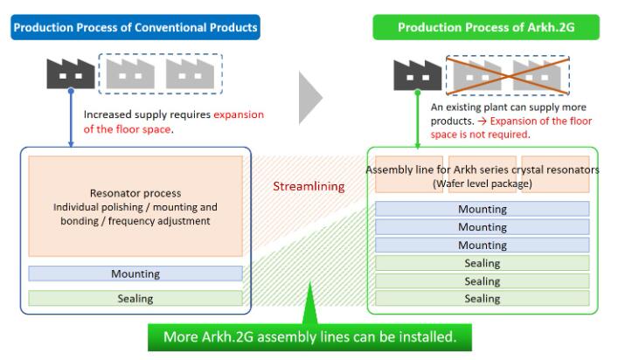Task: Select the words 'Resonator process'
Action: click(135, 192)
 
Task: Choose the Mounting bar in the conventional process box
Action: click(135, 273)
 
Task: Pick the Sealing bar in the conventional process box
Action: click(135, 299)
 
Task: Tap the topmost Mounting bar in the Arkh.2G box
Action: click(482, 209)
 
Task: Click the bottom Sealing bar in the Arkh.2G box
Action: click(482, 299)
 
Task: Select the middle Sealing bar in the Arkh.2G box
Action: click(482, 281)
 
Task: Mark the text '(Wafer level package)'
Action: click(482, 183)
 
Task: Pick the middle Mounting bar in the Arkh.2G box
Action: click(482, 227)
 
